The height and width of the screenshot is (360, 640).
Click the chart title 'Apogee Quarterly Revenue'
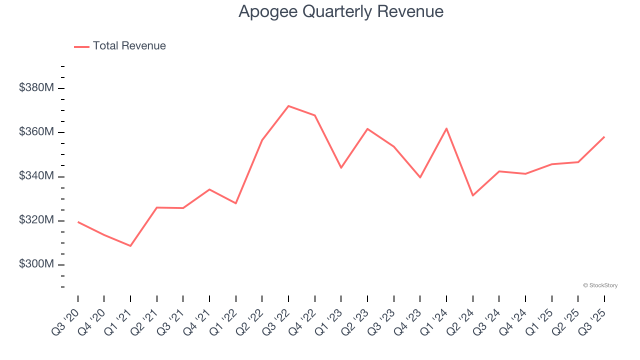pyautogui.click(x=341, y=11)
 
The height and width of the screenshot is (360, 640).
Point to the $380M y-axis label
pyautogui.click(x=36, y=88)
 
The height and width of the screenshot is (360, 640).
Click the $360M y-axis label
pyautogui.click(x=36, y=132)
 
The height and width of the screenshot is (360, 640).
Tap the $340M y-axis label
pyautogui.click(x=36, y=176)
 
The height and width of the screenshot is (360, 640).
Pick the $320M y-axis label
pyautogui.click(x=36, y=220)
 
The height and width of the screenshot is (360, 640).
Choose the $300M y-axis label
pyautogui.click(x=36, y=264)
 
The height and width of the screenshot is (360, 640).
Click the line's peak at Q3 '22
pyautogui.click(x=288, y=106)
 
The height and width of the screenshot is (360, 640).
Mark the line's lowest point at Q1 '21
pyautogui.click(x=130, y=246)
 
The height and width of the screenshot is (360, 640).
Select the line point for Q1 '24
pyautogui.click(x=446, y=128)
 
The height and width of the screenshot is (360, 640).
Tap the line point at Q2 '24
pyautogui.click(x=472, y=195)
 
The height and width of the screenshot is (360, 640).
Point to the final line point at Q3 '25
pyautogui.click(x=604, y=136)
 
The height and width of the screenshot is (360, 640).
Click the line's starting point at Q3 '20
pyautogui.click(x=78, y=221)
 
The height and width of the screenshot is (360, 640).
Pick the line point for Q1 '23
pyautogui.click(x=341, y=167)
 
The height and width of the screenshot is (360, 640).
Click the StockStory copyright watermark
pyautogui.click(x=600, y=285)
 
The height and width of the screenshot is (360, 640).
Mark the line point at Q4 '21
pyautogui.click(x=209, y=189)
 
